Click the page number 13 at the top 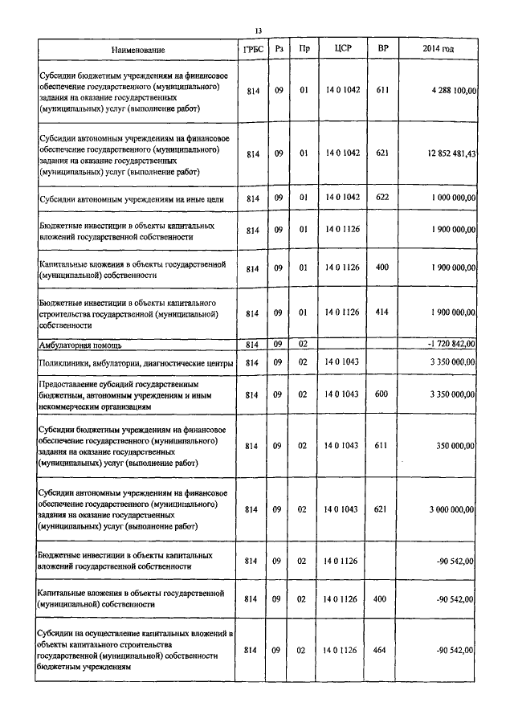(258, 31)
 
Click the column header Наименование (138, 50)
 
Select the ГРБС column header (252, 50)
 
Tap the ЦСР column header (342, 50)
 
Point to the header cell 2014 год (438, 50)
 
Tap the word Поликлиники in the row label (66, 364)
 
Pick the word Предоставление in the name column (71, 384)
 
